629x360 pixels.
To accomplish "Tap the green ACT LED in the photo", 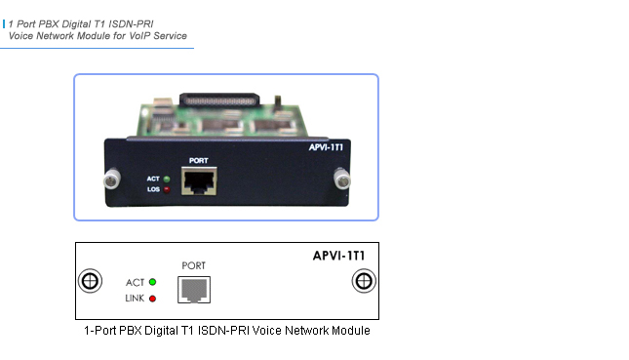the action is click(x=167, y=179).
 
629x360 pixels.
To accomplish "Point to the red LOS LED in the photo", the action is click(x=167, y=189).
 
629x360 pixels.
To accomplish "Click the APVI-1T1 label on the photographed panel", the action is click(x=335, y=148).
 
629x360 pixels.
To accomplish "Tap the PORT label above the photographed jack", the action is click(x=198, y=159).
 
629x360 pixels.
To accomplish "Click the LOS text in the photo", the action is click(x=152, y=189).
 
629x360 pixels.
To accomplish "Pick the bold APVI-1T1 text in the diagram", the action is click(x=333, y=256).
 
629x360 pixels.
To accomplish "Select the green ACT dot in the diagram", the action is click(x=152, y=282).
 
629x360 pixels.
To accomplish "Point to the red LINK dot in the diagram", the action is click(x=152, y=297).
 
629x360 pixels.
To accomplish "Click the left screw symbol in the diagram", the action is click(x=89, y=281).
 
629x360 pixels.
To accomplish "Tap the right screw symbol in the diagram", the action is click(x=363, y=281).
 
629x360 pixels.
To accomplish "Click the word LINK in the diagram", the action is click(x=134, y=297).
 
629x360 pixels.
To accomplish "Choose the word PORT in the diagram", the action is click(x=194, y=264).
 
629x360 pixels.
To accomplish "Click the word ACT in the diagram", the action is click(x=136, y=282).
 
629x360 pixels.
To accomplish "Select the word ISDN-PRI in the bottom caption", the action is click(x=229, y=331).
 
